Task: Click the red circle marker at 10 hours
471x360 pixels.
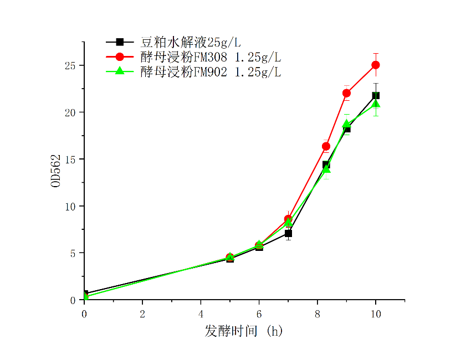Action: click(376, 65)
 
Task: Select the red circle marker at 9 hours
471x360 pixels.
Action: click(346, 93)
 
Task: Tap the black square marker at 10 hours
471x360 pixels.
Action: click(376, 95)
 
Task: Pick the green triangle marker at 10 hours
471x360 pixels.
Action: click(376, 104)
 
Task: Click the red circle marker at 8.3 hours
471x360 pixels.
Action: click(326, 146)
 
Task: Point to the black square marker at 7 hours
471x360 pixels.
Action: click(288, 234)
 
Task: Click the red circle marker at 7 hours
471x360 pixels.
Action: click(288, 219)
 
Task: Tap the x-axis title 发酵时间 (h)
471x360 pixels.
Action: click(244, 331)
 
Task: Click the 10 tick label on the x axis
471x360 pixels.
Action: click(376, 313)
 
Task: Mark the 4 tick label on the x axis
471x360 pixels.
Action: click(201, 313)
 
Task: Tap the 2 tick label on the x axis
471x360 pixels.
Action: click(142, 313)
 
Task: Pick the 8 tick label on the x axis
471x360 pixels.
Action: click(317, 313)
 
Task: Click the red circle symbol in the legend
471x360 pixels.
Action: click(119, 56)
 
